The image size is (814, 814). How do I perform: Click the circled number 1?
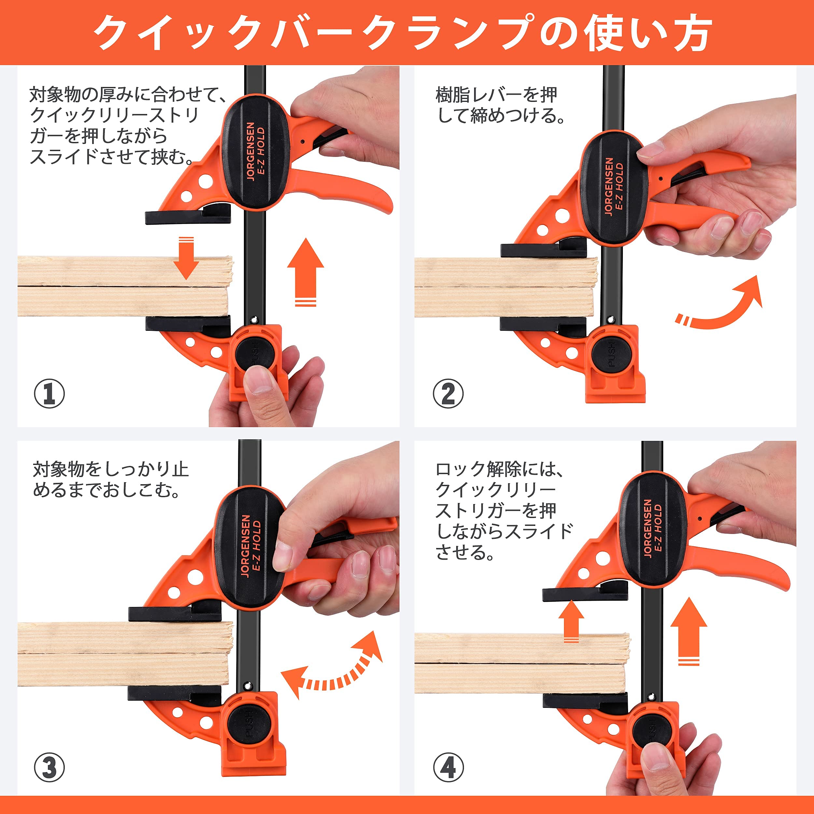pos(49,394)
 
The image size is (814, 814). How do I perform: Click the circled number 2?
pos(448,394)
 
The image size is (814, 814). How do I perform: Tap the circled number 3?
pos(49,767)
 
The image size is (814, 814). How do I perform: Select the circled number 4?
pos(448,767)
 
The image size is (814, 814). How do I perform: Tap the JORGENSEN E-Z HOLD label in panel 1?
pos(256,152)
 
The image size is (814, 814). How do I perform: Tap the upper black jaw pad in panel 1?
pos(188,216)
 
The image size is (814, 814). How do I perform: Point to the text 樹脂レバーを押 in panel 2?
pos(496,94)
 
